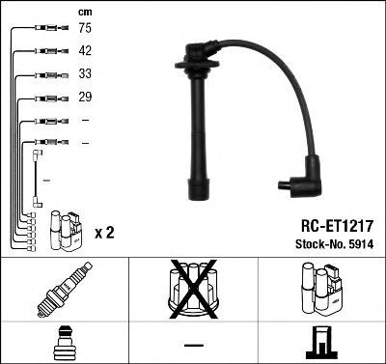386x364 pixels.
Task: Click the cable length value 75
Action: click(85, 28)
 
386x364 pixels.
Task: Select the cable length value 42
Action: click(85, 50)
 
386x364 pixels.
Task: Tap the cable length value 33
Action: click(85, 73)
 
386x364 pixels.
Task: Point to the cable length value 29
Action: click(85, 97)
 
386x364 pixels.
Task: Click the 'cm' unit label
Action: click(85, 13)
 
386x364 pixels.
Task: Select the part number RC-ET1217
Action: click(337, 226)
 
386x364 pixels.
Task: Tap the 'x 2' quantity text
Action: click(104, 233)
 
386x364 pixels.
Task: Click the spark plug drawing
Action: click(65, 290)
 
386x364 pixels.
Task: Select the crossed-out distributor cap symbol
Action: click(193, 289)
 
